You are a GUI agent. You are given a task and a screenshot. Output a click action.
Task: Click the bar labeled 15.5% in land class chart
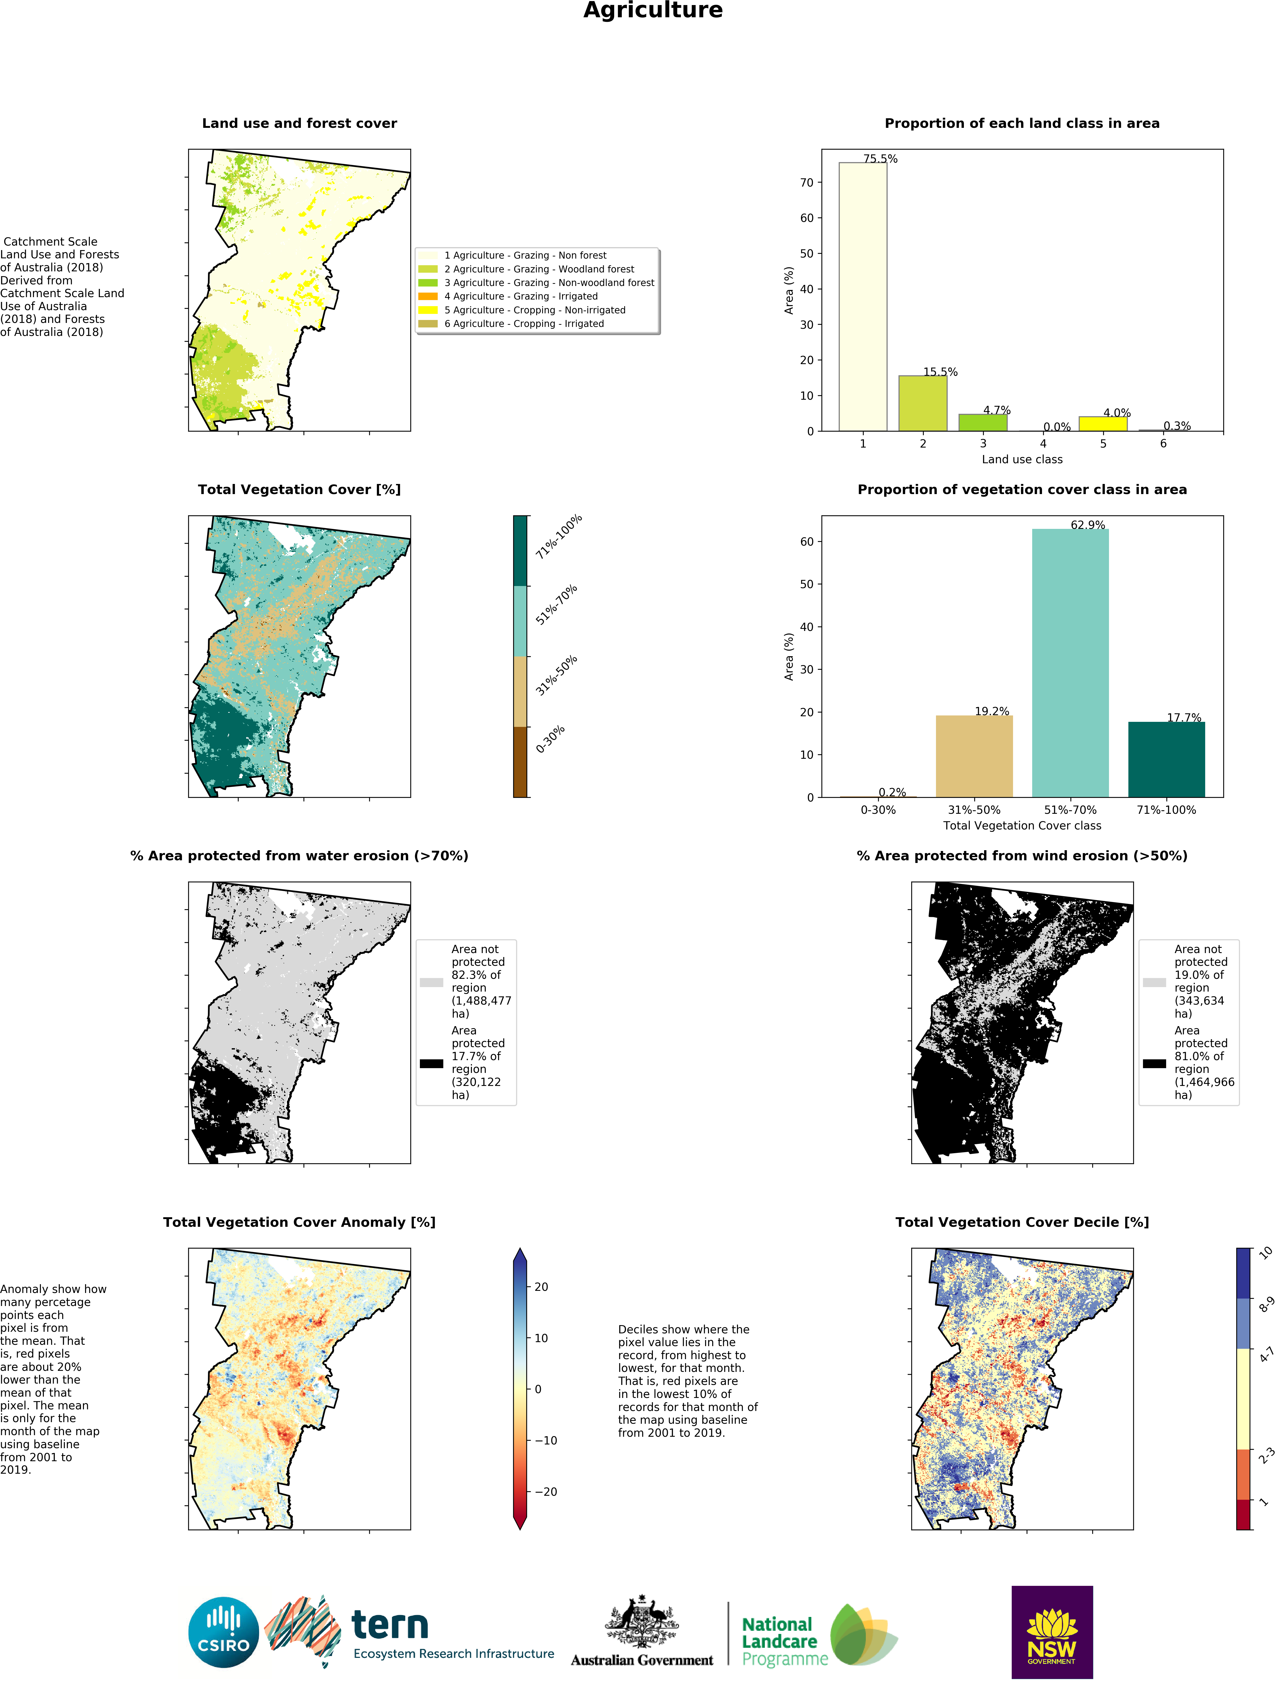pos(923,403)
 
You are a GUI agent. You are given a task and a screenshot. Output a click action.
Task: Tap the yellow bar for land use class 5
pos(1103,424)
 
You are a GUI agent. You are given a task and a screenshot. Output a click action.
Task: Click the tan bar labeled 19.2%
pos(974,756)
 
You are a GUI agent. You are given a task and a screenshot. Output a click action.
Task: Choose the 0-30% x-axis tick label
pos(878,810)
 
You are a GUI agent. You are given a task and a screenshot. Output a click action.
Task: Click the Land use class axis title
pos(1022,459)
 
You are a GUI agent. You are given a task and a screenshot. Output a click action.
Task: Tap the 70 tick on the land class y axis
pos(806,183)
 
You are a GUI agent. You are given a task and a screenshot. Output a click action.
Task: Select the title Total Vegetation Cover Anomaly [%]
pos(299,1222)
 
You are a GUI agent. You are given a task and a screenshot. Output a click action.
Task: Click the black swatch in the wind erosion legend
pos(1154,1063)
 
